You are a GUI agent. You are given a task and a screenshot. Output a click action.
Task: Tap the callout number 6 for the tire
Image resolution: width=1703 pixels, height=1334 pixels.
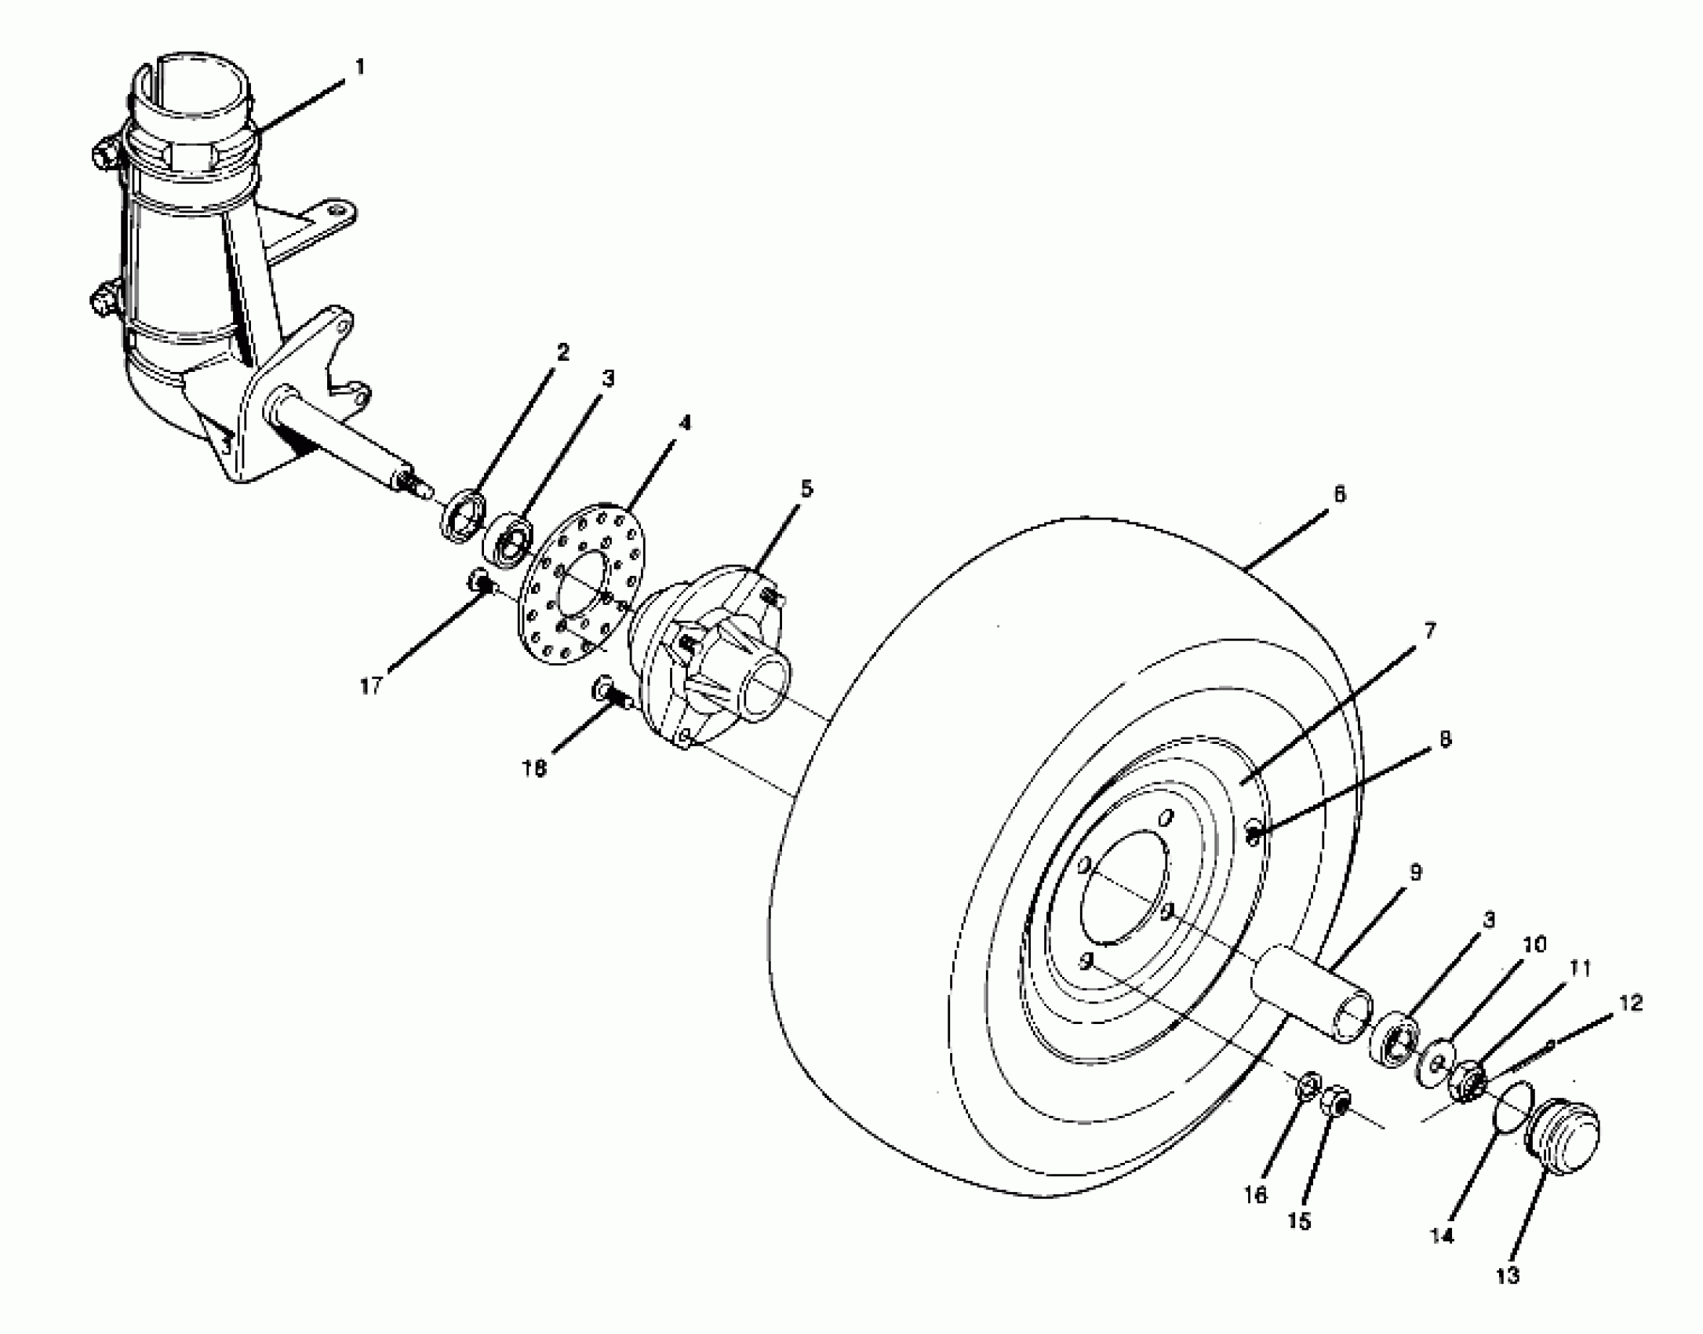click(1339, 494)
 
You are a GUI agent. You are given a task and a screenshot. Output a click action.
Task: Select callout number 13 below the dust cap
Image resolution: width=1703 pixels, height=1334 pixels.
click(1507, 1276)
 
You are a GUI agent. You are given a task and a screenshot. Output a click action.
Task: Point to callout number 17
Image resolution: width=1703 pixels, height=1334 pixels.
click(371, 687)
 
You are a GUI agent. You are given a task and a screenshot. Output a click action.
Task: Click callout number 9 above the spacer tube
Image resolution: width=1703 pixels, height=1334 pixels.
click(1415, 873)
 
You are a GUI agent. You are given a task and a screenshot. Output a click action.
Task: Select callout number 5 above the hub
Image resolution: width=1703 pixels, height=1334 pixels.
click(806, 489)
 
